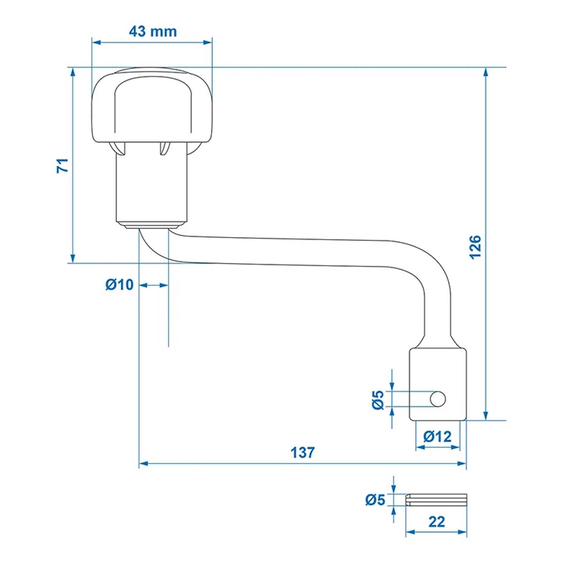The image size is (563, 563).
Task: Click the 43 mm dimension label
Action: point(152,31)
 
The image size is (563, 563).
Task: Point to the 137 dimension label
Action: point(302,452)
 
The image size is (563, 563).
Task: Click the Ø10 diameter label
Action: point(119,285)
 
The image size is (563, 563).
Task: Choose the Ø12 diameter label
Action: point(438,436)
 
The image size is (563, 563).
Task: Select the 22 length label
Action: point(436,521)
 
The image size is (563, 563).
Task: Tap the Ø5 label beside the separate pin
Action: point(375,500)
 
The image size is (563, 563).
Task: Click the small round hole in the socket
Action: point(438,399)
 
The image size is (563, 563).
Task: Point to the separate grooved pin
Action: point(436,500)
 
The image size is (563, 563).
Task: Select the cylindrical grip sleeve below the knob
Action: point(152,187)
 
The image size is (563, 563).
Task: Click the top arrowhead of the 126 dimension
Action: point(486,72)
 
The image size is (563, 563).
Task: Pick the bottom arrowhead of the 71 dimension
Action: point(72,259)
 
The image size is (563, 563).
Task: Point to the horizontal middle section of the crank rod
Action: point(288,252)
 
